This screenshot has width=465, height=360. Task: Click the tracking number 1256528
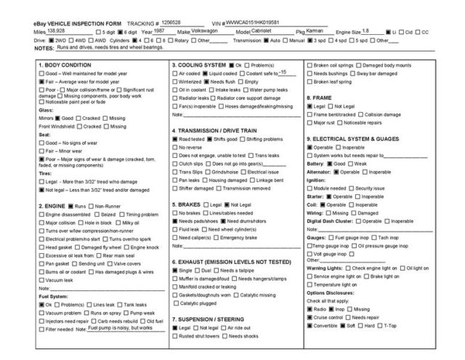click(171, 23)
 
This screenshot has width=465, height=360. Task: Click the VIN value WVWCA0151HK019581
click(251, 23)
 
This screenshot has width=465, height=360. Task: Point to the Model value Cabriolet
click(266, 31)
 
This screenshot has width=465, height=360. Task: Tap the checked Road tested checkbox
click(174, 138)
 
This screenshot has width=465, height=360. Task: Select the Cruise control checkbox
click(310, 316)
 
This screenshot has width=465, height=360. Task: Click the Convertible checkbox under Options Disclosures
click(310, 324)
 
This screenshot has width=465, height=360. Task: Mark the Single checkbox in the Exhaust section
click(174, 270)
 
